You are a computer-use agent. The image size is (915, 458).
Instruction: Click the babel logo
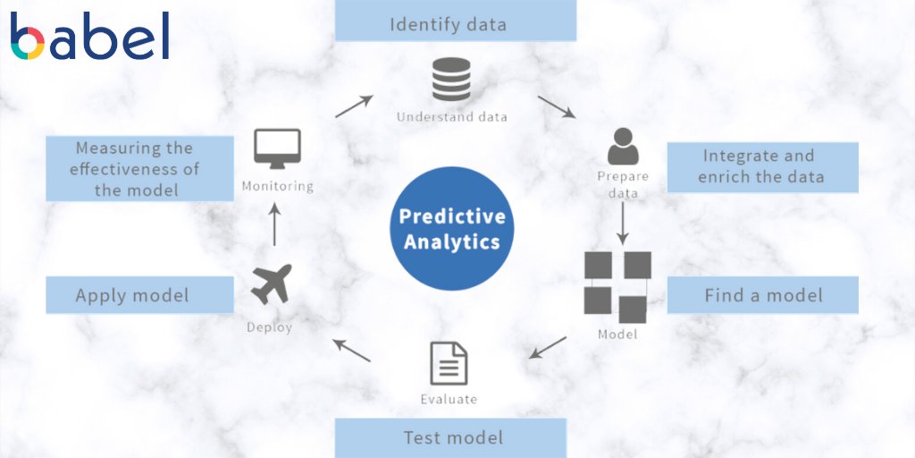[x=89, y=36]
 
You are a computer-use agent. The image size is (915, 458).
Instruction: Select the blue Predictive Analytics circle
[x=452, y=228]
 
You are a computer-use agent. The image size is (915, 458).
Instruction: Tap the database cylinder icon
[x=451, y=81]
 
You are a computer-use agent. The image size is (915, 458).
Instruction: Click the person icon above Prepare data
[x=623, y=146]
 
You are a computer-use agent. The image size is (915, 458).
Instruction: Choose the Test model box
[x=451, y=437]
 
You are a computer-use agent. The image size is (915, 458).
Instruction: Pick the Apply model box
[x=139, y=295]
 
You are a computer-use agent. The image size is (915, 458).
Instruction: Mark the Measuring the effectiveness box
[x=139, y=168]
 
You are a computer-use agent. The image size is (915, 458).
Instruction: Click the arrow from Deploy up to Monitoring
[x=275, y=224]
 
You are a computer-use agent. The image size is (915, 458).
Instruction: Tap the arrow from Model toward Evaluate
[x=548, y=347]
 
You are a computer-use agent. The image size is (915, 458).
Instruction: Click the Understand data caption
[x=451, y=117]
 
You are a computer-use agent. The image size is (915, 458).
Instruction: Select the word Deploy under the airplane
[x=269, y=327]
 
